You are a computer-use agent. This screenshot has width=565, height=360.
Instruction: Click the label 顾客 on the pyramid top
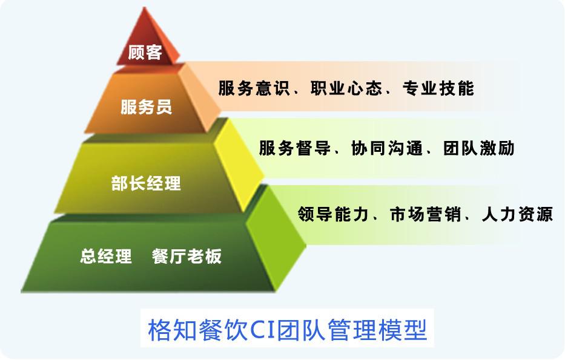pos(145,53)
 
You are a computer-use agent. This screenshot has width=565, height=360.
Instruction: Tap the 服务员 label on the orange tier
pos(146,107)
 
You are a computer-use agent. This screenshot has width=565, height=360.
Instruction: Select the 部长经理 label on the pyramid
pos(146,183)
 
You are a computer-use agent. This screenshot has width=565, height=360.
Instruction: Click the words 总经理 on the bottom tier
pos(106,257)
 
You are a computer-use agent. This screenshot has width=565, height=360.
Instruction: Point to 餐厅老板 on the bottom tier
pos(187,257)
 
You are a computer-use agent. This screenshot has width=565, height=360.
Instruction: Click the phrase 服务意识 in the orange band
pos(254,88)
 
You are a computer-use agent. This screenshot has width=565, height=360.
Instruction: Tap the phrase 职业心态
pos(346,88)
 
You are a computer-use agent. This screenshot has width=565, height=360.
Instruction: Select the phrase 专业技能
pos(438,88)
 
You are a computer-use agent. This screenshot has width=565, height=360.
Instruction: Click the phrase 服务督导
pos(294,148)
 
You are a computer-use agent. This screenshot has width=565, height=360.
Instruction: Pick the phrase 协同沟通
pos(386,148)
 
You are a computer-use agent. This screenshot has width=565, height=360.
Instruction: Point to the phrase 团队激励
pos(479,148)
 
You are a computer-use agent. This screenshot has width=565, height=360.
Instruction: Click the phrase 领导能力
pos(333,214)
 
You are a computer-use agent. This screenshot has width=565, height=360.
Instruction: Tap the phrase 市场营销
pos(425,214)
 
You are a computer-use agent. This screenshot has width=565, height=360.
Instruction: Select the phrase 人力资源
pos(517,214)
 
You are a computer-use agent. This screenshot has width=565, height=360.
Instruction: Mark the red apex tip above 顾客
pos(145,7)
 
